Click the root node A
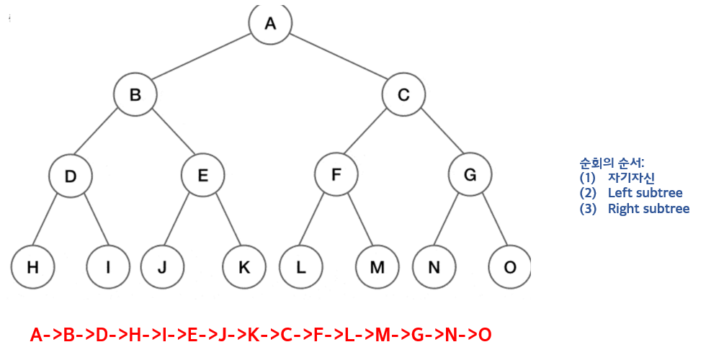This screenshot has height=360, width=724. coord(270,23)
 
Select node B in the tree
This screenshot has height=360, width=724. coord(135,94)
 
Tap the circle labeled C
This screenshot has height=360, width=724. coord(404,94)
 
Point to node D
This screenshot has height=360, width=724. coord(71,175)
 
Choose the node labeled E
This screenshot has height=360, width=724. coord(202,175)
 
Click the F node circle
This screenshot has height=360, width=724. coord(336,175)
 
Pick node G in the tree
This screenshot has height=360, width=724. coord(470,175)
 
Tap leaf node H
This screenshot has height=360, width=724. coord(32,267)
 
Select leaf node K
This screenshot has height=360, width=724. coord(243,267)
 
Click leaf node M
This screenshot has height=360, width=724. coord(377,267)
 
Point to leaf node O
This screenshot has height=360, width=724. coord(510,267)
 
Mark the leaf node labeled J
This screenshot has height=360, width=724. coord(161,267)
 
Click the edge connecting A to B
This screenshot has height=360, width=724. coord(202,58)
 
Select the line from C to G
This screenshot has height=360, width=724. coord(437,135)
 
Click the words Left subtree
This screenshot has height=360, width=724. coord(645,193)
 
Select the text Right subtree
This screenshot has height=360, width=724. coord(648,210)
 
